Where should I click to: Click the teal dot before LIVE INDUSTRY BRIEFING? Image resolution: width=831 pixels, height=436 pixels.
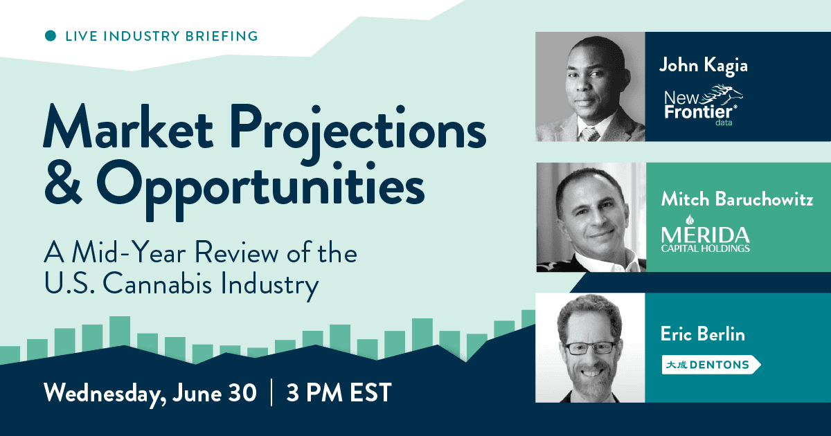click(51, 35)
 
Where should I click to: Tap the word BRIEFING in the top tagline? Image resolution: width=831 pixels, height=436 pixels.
click(222, 36)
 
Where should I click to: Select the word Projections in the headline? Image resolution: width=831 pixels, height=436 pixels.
click(359, 131)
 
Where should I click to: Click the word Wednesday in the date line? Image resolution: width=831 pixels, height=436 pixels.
click(105, 393)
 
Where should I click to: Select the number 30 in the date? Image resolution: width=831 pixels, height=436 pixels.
click(242, 392)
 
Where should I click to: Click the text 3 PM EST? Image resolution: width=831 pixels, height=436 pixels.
click(339, 392)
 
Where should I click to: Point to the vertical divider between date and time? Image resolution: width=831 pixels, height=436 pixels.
click(272, 392)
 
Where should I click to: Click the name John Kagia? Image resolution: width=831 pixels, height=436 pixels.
click(704, 66)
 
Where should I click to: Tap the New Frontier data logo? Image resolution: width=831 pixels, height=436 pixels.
click(703, 106)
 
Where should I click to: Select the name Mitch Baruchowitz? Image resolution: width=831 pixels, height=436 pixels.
click(737, 199)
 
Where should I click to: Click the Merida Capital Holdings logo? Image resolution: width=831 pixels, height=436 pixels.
click(705, 235)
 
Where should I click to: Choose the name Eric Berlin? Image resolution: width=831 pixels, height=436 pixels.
click(703, 334)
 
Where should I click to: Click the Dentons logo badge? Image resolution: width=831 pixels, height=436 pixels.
click(711, 365)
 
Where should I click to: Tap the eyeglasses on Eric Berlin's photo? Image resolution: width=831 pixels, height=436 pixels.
click(590, 347)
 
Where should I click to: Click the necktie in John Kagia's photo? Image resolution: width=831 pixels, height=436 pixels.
click(590, 134)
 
